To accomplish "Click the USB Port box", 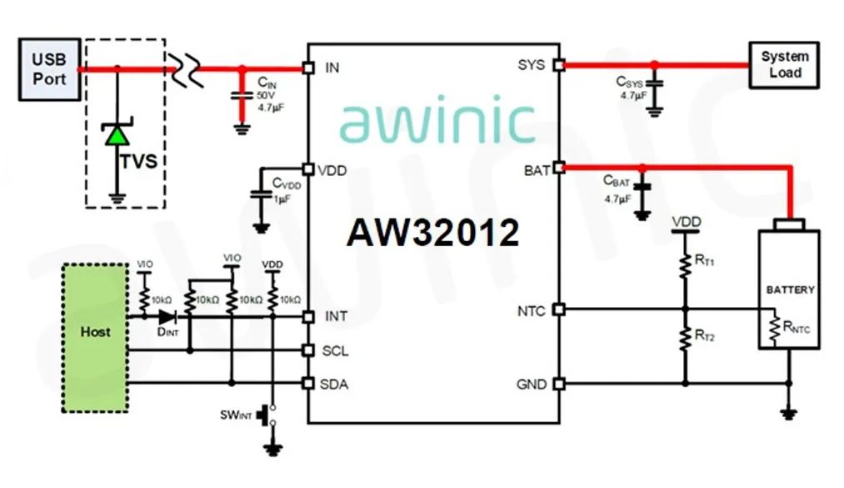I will coord(49,68).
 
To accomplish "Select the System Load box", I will coord(784,64).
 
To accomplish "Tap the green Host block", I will coord(95,337).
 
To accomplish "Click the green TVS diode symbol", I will coord(116,135).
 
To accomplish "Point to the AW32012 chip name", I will coord(433,234).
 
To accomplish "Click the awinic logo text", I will coord(437,122).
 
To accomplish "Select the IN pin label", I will coord(332,68).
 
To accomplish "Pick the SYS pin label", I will coord(532,65).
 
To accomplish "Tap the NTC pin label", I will coord(532,311).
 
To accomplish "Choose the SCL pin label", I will coord(334,350).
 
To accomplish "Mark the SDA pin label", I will coord(334,385).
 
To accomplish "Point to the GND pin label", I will coord(532,385).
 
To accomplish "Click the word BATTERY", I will coord(790,289).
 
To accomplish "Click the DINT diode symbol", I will coord(167,317).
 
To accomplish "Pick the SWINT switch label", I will coord(237,415).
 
